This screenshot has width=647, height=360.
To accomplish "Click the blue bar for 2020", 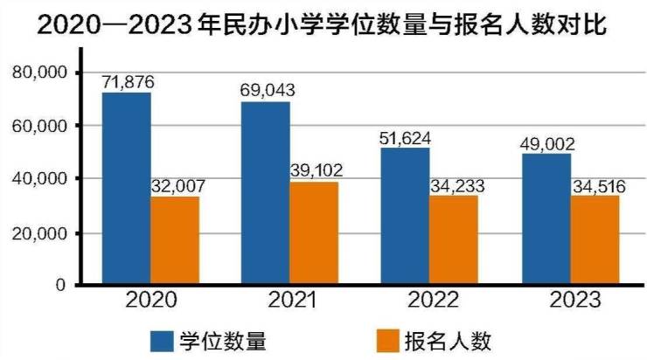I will (x=126, y=188).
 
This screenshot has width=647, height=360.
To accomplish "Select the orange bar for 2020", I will (x=175, y=240).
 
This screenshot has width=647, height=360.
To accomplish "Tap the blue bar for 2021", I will (x=266, y=193).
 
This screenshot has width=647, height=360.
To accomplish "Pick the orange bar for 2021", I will (x=315, y=232).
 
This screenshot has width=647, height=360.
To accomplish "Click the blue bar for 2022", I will (x=405, y=216).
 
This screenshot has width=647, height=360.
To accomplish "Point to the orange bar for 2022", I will (x=454, y=239).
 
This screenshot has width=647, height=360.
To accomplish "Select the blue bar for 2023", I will (x=546, y=218).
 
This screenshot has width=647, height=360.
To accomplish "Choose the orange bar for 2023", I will (x=595, y=239).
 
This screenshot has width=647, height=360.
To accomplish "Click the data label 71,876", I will (x=128, y=82).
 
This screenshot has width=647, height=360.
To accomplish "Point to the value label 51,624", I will (x=405, y=137).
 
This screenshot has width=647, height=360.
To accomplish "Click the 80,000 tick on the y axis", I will (x=45, y=73).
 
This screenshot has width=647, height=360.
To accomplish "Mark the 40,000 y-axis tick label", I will (x=45, y=179).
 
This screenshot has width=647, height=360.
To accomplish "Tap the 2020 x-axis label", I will (x=151, y=301).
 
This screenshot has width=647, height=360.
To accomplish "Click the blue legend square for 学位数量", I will (x=163, y=337).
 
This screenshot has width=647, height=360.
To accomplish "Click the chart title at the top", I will (x=323, y=26).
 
